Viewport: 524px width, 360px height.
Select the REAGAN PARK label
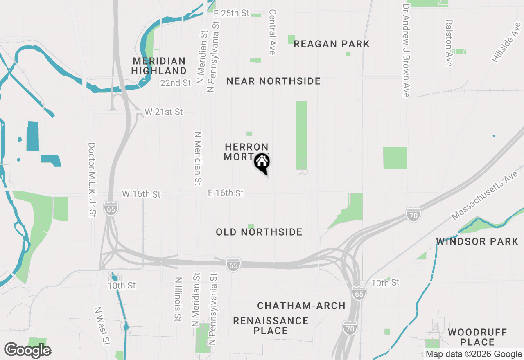tap(332, 44)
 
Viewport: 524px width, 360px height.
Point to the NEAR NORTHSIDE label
tap(273, 81)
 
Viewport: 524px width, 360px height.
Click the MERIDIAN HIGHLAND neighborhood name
tap(159, 66)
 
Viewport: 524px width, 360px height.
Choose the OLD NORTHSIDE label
tap(259, 232)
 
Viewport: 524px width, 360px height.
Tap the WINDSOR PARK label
tap(477, 241)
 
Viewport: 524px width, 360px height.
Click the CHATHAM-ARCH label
tap(301, 306)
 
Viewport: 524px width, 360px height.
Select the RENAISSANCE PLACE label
tap(271, 325)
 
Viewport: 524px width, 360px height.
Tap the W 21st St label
tap(164, 112)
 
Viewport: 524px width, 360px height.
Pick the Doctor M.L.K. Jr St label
tap(92, 180)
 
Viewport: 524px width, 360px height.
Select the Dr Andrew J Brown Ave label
tap(406, 51)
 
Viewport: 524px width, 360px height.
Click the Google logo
tap(27, 350)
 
